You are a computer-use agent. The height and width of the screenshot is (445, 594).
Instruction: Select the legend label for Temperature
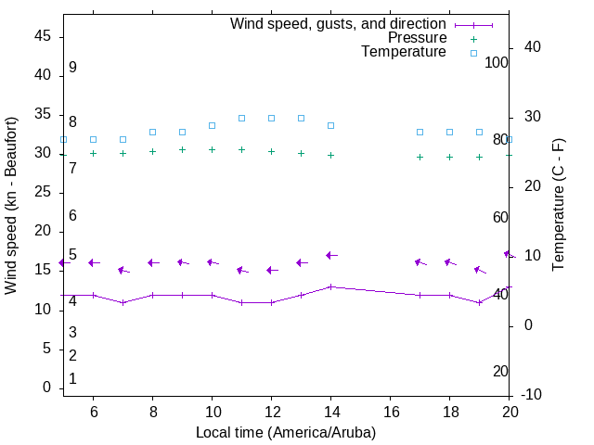(404, 52)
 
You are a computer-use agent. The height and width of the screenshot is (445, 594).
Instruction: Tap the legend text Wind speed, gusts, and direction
(339, 23)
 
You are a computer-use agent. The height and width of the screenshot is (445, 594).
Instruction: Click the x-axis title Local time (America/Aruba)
(286, 432)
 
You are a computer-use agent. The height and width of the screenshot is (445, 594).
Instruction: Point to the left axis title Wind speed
(11, 206)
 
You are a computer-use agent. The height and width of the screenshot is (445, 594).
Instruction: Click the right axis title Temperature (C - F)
(558, 206)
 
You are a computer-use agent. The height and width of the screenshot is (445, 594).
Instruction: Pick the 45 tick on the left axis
(42, 36)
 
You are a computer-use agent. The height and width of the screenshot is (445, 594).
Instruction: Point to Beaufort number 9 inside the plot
(72, 68)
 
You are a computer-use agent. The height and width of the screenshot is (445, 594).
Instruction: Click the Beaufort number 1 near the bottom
(72, 379)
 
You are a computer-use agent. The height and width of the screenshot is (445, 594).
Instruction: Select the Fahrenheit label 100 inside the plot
(497, 62)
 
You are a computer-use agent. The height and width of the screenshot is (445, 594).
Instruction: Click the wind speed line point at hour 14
(330, 286)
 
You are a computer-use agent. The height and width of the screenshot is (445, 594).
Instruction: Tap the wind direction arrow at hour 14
(330, 255)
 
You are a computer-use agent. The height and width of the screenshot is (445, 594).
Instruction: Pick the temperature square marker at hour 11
(241, 118)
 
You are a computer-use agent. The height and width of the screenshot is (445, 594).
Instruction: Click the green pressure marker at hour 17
(420, 157)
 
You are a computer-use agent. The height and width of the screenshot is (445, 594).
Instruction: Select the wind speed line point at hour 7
(123, 302)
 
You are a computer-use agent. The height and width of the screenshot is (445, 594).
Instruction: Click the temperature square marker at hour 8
(152, 132)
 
